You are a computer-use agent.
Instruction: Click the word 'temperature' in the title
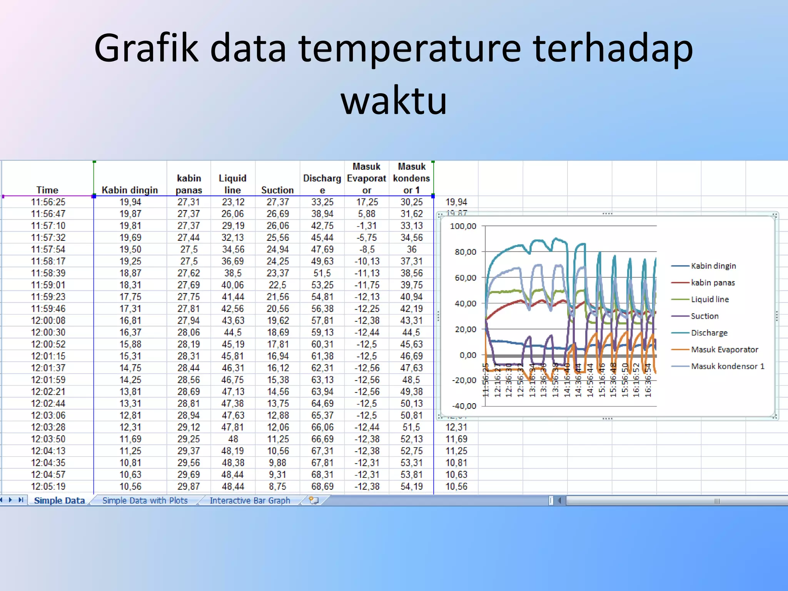[x=409, y=48]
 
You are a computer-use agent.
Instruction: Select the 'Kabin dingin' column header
[x=130, y=190]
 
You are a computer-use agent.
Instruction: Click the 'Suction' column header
[x=277, y=190]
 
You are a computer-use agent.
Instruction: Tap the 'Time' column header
[x=47, y=190]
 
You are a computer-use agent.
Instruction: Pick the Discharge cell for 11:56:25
[x=322, y=202]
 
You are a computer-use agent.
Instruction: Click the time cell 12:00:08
[x=48, y=321]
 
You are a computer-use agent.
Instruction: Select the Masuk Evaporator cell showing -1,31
[x=366, y=226]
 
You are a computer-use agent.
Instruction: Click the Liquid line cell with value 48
[x=233, y=439]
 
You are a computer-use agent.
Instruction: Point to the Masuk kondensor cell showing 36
[x=411, y=249]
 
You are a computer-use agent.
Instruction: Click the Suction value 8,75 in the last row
[x=277, y=486]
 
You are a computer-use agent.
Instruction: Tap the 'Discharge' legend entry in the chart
[x=709, y=333]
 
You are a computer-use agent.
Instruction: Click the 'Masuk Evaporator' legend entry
[x=724, y=349]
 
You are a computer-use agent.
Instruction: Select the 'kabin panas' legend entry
[x=713, y=283]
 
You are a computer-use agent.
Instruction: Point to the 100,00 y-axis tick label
[x=463, y=226]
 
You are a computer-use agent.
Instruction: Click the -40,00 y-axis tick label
[x=464, y=406]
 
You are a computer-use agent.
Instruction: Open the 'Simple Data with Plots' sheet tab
[x=145, y=501]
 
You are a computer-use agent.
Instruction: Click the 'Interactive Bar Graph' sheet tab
[x=250, y=501]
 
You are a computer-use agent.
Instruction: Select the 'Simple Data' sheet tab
[x=59, y=501]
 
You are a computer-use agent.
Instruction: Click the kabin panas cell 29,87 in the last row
[x=189, y=486]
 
